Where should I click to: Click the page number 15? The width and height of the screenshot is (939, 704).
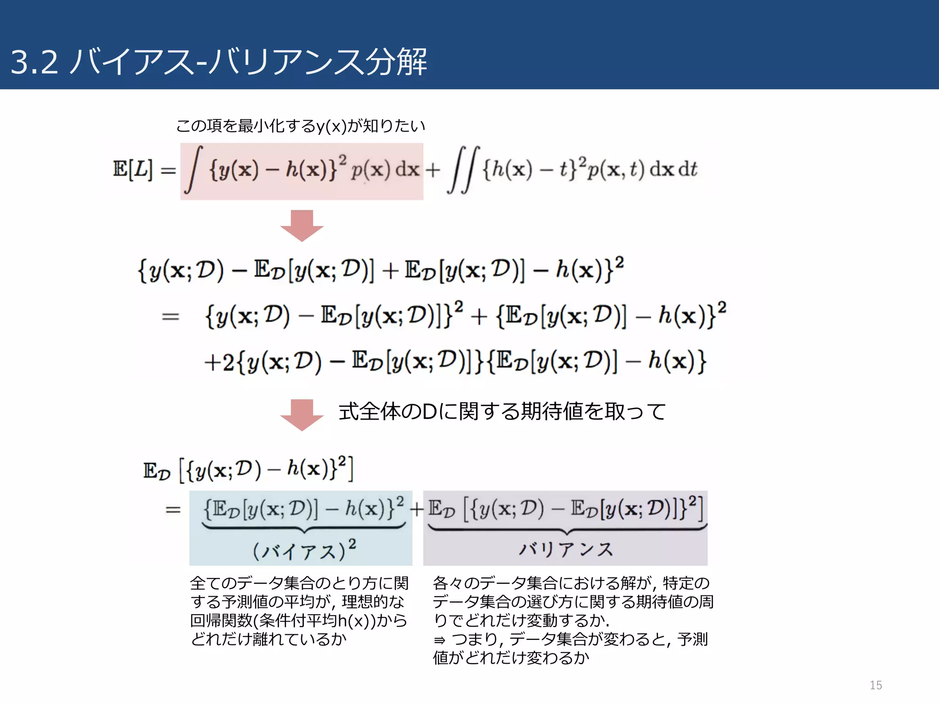pos(875,685)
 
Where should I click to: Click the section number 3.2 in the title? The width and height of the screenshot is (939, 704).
pos(34,62)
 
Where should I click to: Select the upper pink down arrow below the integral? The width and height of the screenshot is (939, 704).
pos(302,225)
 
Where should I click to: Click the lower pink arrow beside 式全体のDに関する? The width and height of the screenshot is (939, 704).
pos(302,414)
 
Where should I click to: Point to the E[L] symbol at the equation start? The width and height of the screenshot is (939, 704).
pos(133,169)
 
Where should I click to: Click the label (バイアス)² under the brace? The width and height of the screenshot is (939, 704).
pos(304,550)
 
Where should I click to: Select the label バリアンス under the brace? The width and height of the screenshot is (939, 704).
pos(566,549)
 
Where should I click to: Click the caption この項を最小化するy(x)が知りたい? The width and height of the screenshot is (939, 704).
pos(301,126)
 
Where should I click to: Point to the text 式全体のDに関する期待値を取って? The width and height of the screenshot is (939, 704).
pos(502,411)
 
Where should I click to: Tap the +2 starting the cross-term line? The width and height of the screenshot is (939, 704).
pos(219,363)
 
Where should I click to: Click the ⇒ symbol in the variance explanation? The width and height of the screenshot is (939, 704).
pos(439,640)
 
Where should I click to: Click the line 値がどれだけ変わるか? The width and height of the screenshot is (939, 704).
pos(511,658)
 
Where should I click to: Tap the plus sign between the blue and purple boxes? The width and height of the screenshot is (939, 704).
pos(417,509)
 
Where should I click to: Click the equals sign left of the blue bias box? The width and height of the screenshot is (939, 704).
pos(173,510)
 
